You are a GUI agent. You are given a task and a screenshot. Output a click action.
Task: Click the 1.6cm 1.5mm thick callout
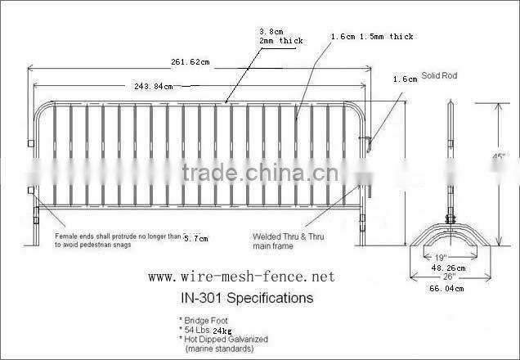click(x=372, y=37)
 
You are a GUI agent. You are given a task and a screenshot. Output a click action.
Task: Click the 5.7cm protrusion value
click(x=195, y=238)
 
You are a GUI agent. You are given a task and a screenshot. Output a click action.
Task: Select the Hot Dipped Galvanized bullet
click(x=223, y=338)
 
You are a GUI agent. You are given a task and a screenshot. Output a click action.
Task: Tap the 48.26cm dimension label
click(x=448, y=267)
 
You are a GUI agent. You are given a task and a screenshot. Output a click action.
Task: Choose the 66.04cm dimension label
click(x=448, y=288)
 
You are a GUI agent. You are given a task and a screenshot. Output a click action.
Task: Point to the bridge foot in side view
click(x=449, y=236)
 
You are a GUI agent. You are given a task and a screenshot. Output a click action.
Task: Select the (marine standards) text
click(x=221, y=349)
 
